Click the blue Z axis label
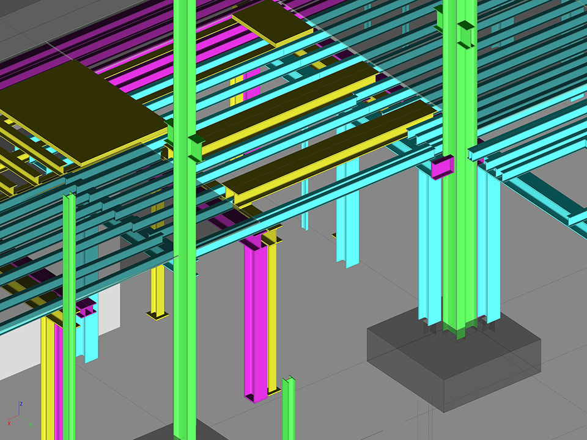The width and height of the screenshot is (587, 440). pyautogui.click(x=21, y=404)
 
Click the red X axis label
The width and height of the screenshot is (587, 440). pyautogui.click(x=9, y=424)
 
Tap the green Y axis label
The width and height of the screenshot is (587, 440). pyautogui.click(x=31, y=425)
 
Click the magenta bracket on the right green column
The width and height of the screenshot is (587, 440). pyautogui.click(x=442, y=167)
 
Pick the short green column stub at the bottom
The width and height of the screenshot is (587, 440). pyautogui.click(x=289, y=407)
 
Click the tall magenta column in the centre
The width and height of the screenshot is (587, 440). pyautogui.click(x=255, y=318)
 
